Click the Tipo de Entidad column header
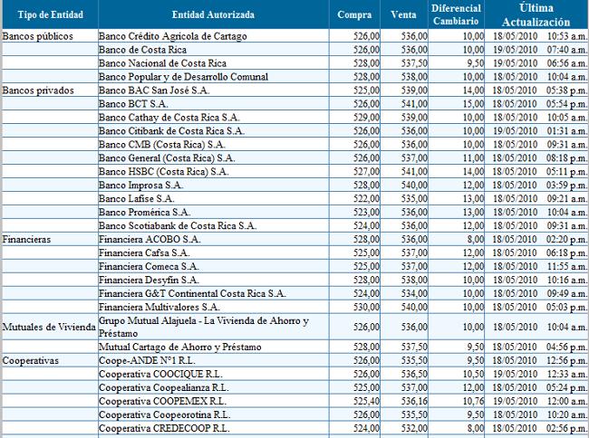tap(51, 14)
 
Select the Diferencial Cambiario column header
tap(456, 14)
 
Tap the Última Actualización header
tap(536, 15)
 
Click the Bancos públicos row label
tap(37, 36)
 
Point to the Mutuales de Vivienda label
tap(49, 327)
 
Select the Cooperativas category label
tap(31, 361)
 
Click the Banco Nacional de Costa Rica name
tap(162, 63)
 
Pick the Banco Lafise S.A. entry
tap(136, 199)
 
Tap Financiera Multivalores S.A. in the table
tap(159, 307)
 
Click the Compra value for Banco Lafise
tap(366, 199)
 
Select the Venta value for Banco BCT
tap(414, 104)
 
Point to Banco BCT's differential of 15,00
tap(473, 104)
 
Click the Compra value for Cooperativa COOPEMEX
tap(366, 401)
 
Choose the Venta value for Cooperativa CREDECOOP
tap(414, 428)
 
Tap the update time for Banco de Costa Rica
tap(567, 50)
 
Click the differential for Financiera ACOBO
tap(476, 239)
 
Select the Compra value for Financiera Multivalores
tap(366, 307)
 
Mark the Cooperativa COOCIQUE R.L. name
tap(160, 375)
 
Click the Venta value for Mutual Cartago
tap(414, 348)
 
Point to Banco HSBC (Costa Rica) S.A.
tap(163, 172)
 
